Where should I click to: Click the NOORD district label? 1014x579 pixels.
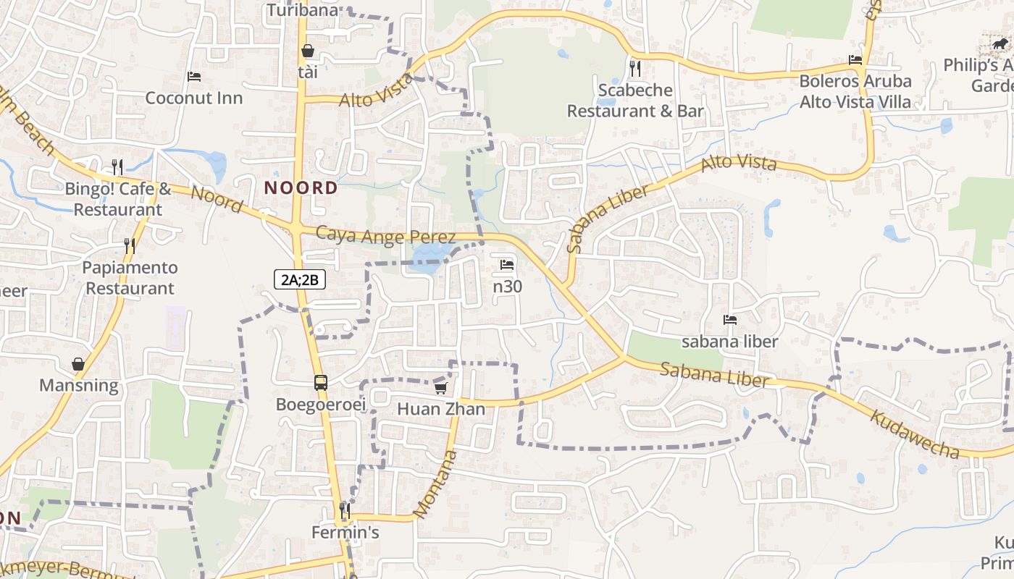point(301,188)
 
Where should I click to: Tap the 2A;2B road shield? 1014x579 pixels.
point(300,279)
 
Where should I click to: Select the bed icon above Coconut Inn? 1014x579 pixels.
point(193,76)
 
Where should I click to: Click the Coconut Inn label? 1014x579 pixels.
point(194,98)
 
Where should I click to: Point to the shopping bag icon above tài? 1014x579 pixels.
point(308,51)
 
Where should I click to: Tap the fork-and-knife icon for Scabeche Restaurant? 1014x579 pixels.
point(635,69)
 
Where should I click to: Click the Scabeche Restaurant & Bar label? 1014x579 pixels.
point(635,101)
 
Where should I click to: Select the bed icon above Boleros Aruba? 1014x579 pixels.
point(855,59)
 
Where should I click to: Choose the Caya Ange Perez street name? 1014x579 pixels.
point(386,236)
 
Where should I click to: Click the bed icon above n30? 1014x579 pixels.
point(507,265)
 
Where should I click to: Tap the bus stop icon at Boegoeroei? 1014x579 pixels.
point(320,382)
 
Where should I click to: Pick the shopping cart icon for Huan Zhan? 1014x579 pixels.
point(440,388)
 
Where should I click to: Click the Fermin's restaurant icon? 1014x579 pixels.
point(345,511)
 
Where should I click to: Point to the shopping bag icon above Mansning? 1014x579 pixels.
point(78,363)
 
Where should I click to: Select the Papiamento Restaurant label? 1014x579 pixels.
point(130,278)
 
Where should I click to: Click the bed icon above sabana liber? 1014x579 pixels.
point(729,320)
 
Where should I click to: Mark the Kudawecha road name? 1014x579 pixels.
point(914,434)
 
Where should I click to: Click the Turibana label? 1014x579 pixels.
point(302,10)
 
